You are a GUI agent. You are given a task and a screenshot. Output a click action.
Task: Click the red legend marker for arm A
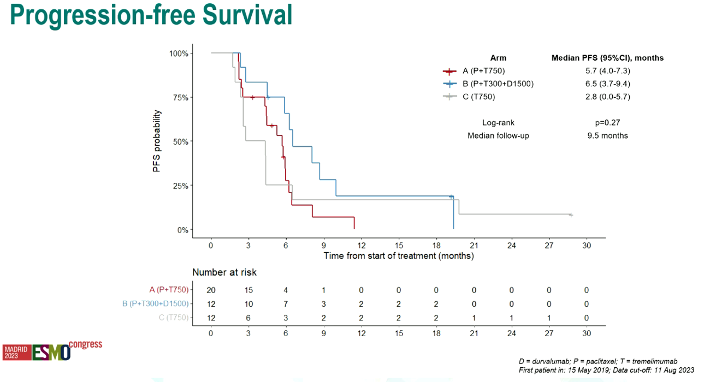point(449,71)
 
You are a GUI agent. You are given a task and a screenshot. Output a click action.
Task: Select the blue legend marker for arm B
point(449,84)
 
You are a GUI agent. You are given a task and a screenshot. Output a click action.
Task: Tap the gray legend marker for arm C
point(449,97)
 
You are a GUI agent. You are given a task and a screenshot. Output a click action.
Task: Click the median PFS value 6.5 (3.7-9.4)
point(607,84)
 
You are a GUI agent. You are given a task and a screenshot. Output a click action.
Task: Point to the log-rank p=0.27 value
point(607,123)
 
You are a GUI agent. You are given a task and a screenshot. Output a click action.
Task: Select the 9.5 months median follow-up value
point(607,136)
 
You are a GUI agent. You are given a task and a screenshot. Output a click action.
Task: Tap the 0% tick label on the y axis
point(182,230)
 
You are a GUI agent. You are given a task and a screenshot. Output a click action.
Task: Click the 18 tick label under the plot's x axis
point(436,246)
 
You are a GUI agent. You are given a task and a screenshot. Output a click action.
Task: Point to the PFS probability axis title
point(157,141)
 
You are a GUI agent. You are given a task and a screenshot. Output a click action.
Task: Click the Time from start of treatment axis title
point(399,256)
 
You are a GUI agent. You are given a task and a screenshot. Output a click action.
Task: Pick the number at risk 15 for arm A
point(249,290)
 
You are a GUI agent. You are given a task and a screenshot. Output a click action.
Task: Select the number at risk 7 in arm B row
point(286,304)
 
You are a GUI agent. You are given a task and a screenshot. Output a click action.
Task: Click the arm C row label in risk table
point(174,318)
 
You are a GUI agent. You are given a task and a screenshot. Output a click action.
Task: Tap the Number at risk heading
point(224,272)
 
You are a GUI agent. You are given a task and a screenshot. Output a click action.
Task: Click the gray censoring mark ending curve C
point(571,215)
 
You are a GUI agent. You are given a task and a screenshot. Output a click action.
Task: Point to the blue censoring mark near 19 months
point(452,196)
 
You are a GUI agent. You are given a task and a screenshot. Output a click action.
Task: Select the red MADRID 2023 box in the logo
point(17,353)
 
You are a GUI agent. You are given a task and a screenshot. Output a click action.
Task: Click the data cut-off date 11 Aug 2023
point(674,370)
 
